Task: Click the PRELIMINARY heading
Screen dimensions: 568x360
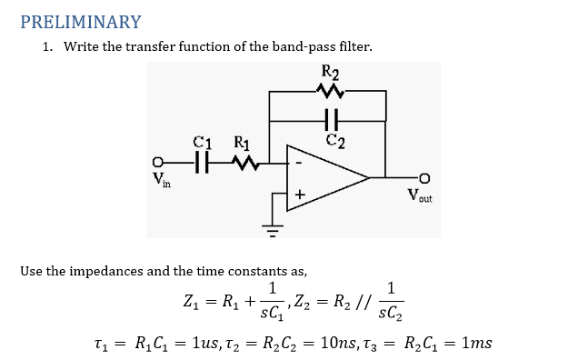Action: tap(80, 22)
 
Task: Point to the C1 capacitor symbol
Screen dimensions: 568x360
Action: tap(204, 164)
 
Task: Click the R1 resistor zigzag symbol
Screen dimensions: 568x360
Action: tap(243, 164)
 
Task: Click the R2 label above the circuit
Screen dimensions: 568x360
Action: tap(330, 73)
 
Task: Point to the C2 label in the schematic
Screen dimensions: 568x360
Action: tap(335, 139)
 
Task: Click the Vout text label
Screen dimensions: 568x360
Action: tap(419, 195)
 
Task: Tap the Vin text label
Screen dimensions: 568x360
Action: tap(164, 182)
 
